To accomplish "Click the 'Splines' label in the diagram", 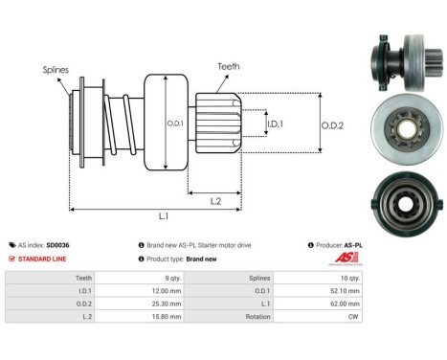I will [x=56, y=70].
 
